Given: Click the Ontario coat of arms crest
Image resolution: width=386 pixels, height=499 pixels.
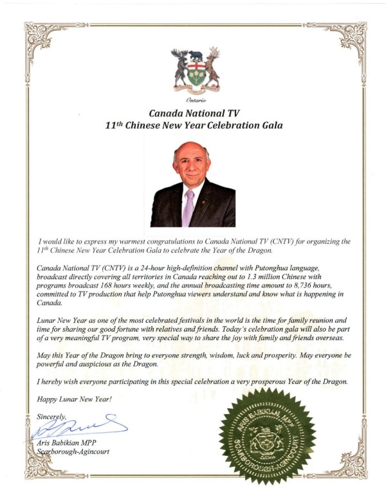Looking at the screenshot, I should tap(196, 69).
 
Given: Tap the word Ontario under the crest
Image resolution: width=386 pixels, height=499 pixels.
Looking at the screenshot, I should tap(196, 102).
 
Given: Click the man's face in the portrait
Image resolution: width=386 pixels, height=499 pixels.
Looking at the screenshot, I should tap(191, 168).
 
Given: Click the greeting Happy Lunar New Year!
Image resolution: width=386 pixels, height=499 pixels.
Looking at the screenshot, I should tap(75, 399).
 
